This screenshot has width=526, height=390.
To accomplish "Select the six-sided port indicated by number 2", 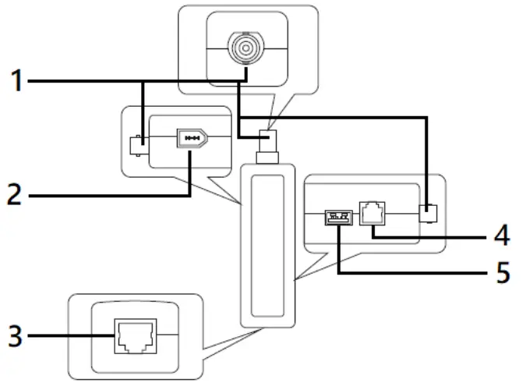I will tap(192, 137).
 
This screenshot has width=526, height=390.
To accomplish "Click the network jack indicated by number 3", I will tap(134, 335).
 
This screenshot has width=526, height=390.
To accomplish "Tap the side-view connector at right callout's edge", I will tap(426, 212).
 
